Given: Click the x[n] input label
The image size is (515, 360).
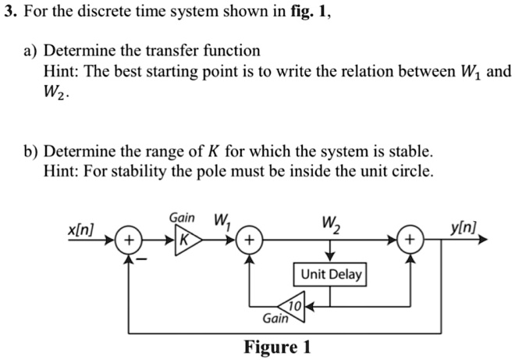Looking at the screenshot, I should click(x=80, y=231).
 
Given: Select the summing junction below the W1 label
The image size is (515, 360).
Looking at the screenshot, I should click(x=250, y=239).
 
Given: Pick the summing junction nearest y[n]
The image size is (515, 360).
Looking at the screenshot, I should click(x=412, y=239).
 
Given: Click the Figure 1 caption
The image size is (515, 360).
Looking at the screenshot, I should click(x=279, y=346).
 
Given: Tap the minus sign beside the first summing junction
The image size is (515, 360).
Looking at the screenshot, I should click(x=141, y=257).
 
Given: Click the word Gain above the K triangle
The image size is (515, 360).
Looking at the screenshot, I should click(x=183, y=218).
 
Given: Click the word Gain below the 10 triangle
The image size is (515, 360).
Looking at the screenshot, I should click(x=274, y=319).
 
